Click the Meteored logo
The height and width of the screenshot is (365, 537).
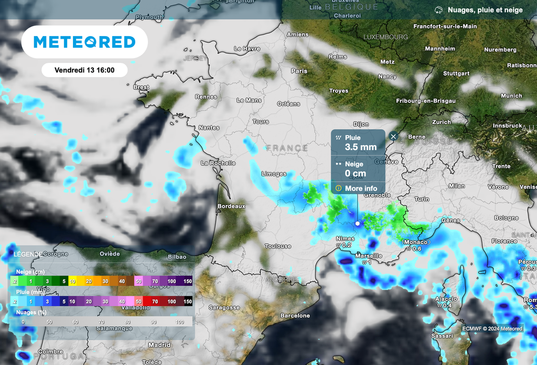click(x=84, y=42)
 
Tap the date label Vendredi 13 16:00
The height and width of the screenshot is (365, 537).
click(x=84, y=70)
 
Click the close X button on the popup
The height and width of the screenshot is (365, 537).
click(x=394, y=136)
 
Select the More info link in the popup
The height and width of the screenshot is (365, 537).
click(x=361, y=188)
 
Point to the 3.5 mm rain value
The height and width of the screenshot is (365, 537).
click(x=361, y=147)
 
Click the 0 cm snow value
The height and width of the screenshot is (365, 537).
click(x=356, y=174)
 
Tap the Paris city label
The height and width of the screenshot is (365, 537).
click(x=299, y=71)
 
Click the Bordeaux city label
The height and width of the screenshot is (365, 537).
click(x=231, y=207)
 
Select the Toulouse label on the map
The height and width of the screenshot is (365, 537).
click(x=278, y=246)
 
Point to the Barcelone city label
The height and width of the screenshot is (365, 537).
click(x=295, y=316)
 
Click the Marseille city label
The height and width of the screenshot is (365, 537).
click(x=368, y=255)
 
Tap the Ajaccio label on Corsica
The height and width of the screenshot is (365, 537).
click(x=446, y=299)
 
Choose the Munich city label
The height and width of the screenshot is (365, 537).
click(x=511, y=96)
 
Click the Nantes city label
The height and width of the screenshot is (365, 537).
click(x=209, y=127)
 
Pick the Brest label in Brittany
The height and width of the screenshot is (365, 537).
click(x=142, y=87)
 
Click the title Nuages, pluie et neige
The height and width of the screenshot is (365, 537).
click(x=485, y=10)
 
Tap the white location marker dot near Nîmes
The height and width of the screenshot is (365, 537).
click(x=358, y=223)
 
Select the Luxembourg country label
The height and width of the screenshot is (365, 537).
click(x=385, y=37)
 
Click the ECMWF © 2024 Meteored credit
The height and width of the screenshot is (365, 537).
click(x=492, y=329)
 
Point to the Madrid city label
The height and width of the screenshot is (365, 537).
click(x=159, y=345)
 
